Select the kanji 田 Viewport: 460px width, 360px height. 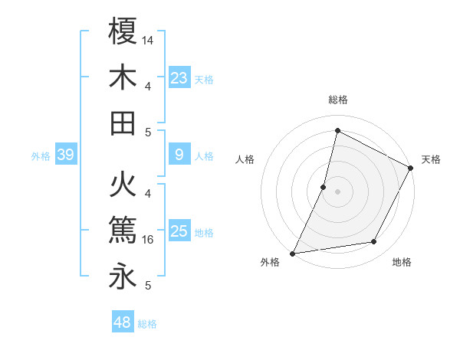tap(123, 123)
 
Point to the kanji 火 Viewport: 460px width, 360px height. tap(123, 185)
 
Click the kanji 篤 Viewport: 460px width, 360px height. tap(123, 231)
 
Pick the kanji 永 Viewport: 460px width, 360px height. tap(123, 277)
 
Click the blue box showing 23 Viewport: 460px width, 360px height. tap(179, 77)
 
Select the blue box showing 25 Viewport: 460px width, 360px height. tap(179, 231)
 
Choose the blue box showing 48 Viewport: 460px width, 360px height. tap(123, 322)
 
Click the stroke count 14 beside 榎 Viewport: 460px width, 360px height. tap(148, 39)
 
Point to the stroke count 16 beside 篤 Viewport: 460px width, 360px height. tap(148, 240)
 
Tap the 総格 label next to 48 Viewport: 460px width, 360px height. tap(147, 323)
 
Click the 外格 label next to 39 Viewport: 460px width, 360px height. tap(41, 156)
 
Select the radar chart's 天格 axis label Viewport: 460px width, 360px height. tap(432, 159)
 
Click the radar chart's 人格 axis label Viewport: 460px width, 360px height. tap(245, 159)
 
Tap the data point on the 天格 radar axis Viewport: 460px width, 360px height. tap(411, 169)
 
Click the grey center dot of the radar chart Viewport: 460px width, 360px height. tap(337, 191)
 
